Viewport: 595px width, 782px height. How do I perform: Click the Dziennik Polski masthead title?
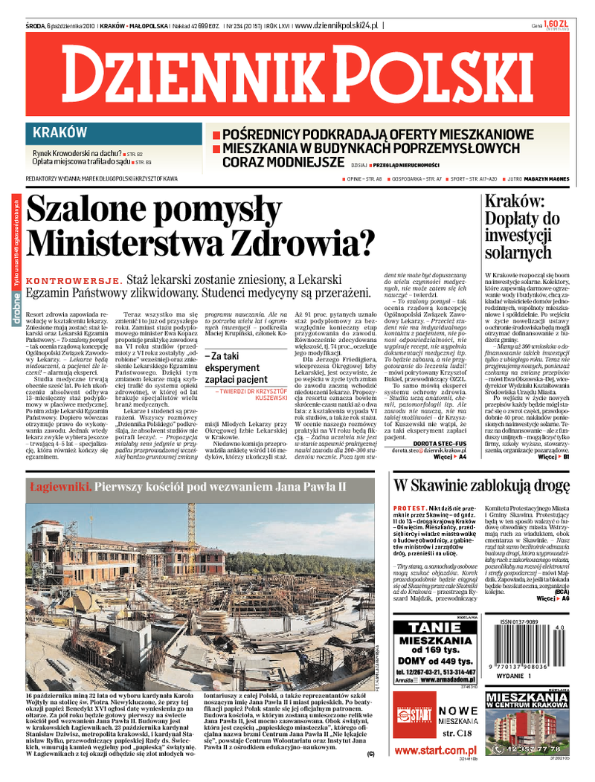click(297, 77)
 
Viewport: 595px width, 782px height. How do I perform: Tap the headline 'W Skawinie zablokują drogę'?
click(481, 487)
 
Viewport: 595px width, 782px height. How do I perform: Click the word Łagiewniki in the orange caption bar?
click(61, 487)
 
